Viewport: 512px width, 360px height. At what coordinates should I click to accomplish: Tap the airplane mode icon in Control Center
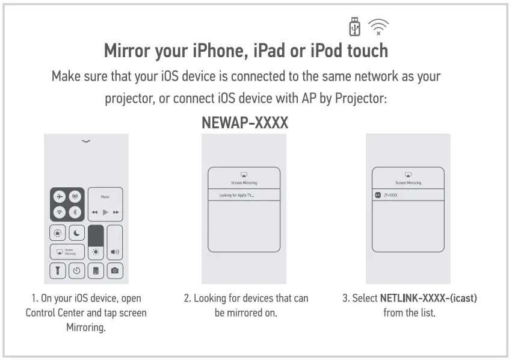pyautogui.click(x=60, y=197)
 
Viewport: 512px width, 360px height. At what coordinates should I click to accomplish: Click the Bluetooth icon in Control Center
pyautogui.click(x=75, y=212)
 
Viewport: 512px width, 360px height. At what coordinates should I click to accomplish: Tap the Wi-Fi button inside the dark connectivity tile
pyautogui.click(x=60, y=212)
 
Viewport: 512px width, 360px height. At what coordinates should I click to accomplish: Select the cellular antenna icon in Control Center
pyautogui.click(x=75, y=197)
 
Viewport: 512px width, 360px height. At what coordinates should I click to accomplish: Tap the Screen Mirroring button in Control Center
pyautogui.click(x=67, y=252)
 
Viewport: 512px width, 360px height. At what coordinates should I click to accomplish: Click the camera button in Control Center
pyautogui.click(x=114, y=271)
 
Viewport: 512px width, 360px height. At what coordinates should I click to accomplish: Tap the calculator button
pyautogui.click(x=96, y=271)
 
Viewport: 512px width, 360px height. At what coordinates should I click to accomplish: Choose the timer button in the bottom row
pyautogui.click(x=77, y=271)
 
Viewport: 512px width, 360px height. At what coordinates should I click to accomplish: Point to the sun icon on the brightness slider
pyautogui.click(x=96, y=252)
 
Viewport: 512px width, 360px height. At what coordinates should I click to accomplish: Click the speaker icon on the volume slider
pyautogui.click(x=114, y=252)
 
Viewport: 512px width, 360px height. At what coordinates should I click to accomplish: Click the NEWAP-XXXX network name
pyautogui.click(x=245, y=123)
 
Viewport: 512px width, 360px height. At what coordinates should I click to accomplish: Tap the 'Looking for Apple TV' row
pyautogui.click(x=244, y=195)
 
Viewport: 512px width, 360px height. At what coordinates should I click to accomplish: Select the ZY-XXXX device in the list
pyautogui.click(x=407, y=195)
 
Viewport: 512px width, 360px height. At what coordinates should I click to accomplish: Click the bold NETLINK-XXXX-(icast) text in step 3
pyautogui.click(x=428, y=298)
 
